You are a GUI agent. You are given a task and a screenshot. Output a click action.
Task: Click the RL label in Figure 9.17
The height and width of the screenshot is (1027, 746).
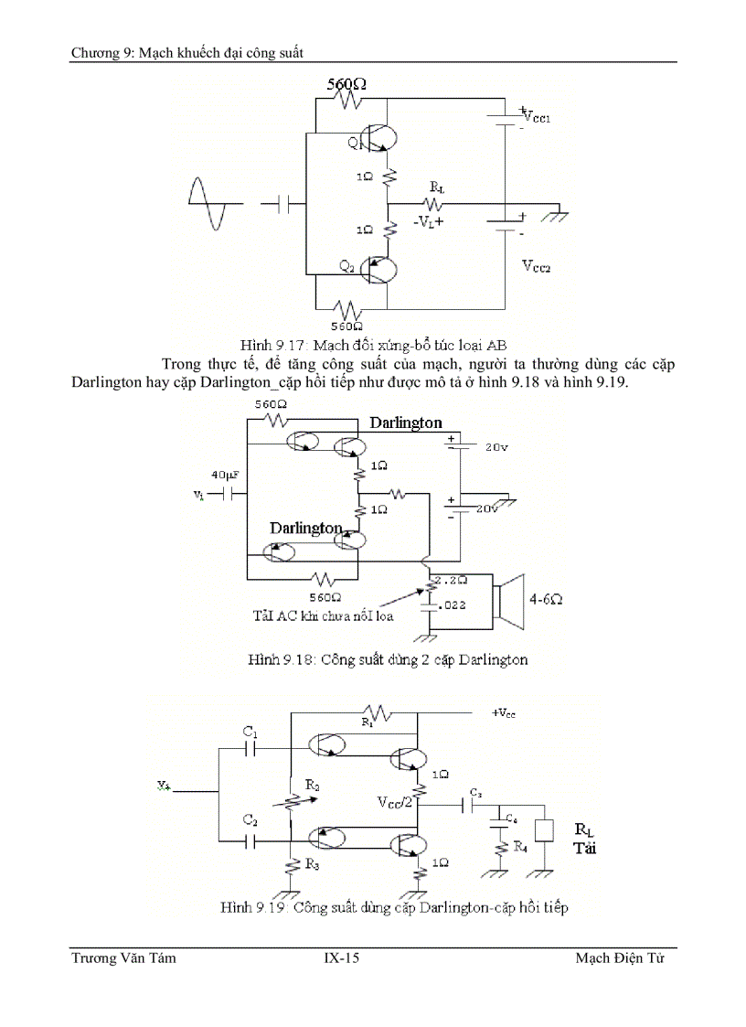435,188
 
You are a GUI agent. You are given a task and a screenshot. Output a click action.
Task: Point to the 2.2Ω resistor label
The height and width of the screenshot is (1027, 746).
451,580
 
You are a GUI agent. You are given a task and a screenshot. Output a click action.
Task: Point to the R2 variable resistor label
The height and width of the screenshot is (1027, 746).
313,785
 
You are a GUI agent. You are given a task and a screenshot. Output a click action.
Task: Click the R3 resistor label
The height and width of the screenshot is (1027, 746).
313,862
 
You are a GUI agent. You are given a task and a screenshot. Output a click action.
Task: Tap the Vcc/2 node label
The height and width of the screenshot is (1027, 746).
395,802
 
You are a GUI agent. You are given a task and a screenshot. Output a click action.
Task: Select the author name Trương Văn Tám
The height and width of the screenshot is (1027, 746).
123,958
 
